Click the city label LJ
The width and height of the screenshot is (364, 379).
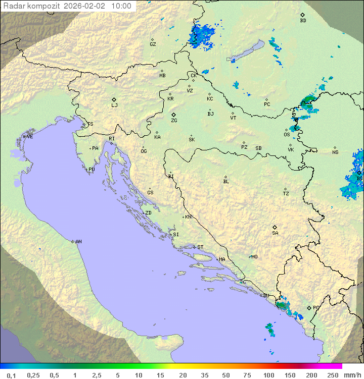[114, 105]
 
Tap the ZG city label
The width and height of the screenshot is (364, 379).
[174, 121]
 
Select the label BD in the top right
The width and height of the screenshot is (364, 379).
[303, 21]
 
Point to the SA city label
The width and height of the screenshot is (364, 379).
[275, 233]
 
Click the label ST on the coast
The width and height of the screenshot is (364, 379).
[200, 247]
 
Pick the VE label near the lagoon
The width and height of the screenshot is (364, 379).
[30, 137]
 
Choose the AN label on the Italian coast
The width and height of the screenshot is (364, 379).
[78, 242]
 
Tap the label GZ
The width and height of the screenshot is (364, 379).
[153, 44]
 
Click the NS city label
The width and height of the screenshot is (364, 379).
[335, 152]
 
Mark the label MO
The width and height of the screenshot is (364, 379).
[254, 256]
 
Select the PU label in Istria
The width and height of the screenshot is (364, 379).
[92, 170]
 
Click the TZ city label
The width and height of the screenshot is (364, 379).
[286, 193]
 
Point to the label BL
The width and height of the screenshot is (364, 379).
[226, 181]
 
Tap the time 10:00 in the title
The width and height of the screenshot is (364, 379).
[121, 6]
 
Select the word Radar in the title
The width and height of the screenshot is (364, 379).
[14, 6]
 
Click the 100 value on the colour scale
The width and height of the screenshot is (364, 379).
[268, 374]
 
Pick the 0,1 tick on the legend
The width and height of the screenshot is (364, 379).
[11, 374]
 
